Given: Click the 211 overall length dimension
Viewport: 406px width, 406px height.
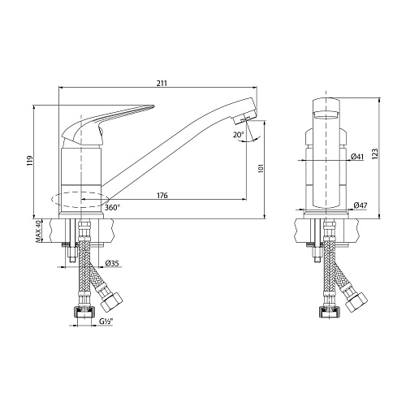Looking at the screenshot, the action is (162, 83).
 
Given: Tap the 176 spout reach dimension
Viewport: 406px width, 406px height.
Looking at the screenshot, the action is (162, 195).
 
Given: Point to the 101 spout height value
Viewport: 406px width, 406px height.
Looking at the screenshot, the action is (261, 168).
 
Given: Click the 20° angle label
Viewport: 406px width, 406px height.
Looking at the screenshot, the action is (239, 135).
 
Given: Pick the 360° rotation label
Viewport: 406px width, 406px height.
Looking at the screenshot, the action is (112, 208).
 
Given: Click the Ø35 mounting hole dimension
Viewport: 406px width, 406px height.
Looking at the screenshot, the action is (112, 263).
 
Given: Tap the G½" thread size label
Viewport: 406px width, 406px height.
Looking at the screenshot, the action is (106, 322).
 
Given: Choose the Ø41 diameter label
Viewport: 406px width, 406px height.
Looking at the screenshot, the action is (357, 157).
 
